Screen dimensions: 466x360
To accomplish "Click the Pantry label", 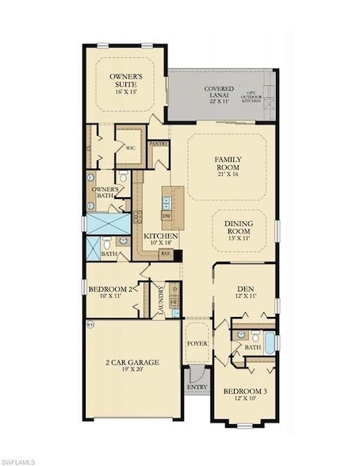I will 158,144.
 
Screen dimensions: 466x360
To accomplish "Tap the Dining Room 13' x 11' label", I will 240,231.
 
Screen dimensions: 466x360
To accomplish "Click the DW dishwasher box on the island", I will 167,216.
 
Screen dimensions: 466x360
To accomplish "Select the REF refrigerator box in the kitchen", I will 166,254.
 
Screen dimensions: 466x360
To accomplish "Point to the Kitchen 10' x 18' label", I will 160,240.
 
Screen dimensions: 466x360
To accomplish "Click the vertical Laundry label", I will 159,302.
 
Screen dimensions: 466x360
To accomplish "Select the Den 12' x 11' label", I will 245,293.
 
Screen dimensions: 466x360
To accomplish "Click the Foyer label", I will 196,345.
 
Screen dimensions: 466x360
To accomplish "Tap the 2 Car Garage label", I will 133,365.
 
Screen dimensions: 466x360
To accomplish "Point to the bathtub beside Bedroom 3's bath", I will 270,342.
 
